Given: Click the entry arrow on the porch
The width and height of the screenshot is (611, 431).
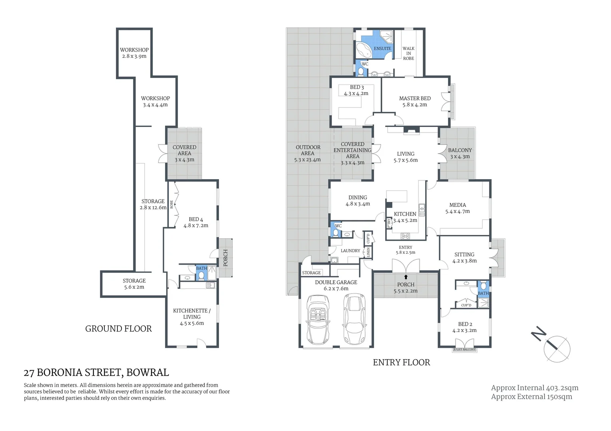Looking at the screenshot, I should (x=406, y=277).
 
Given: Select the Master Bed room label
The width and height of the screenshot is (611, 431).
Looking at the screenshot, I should (x=415, y=98).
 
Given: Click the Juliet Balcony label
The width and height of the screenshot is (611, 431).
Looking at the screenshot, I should (x=464, y=350).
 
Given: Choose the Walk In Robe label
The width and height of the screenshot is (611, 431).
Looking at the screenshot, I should (x=408, y=53).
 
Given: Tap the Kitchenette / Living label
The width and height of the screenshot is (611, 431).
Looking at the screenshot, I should (x=192, y=314).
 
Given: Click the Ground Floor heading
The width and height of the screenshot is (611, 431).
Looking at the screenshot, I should (x=119, y=329).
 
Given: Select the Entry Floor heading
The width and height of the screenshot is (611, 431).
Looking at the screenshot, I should (x=401, y=362).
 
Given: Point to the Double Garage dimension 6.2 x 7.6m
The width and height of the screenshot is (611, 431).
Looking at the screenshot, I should (x=336, y=289).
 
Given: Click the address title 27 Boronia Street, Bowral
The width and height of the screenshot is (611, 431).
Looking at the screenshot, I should (x=96, y=373).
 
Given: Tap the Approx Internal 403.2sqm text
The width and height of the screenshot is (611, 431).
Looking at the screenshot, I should (x=535, y=388).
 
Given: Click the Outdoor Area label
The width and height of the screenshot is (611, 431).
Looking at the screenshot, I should (x=308, y=150).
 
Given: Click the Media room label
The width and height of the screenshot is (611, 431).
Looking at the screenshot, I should (x=458, y=205).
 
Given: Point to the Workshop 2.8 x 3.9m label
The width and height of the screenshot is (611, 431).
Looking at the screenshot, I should (x=134, y=53).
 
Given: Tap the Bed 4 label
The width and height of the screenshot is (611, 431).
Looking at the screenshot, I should (x=196, y=219).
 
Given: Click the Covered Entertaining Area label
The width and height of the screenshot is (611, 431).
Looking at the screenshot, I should (x=352, y=150).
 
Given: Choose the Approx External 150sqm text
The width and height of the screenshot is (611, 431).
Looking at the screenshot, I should (x=531, y=396).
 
